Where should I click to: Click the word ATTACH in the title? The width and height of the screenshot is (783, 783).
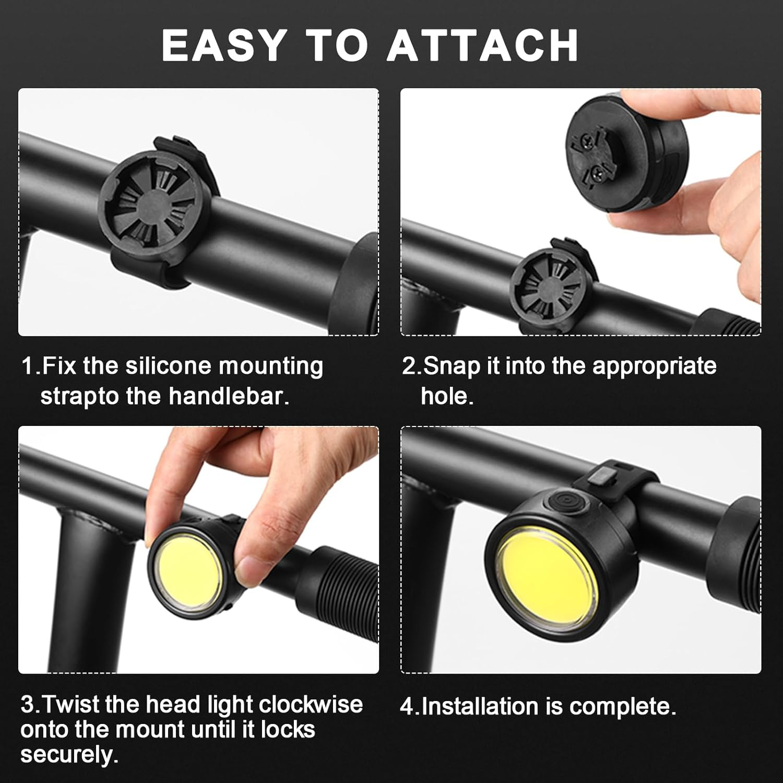483,45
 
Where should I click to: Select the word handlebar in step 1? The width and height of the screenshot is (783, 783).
229,396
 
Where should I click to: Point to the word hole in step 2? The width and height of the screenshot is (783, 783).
446,396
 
